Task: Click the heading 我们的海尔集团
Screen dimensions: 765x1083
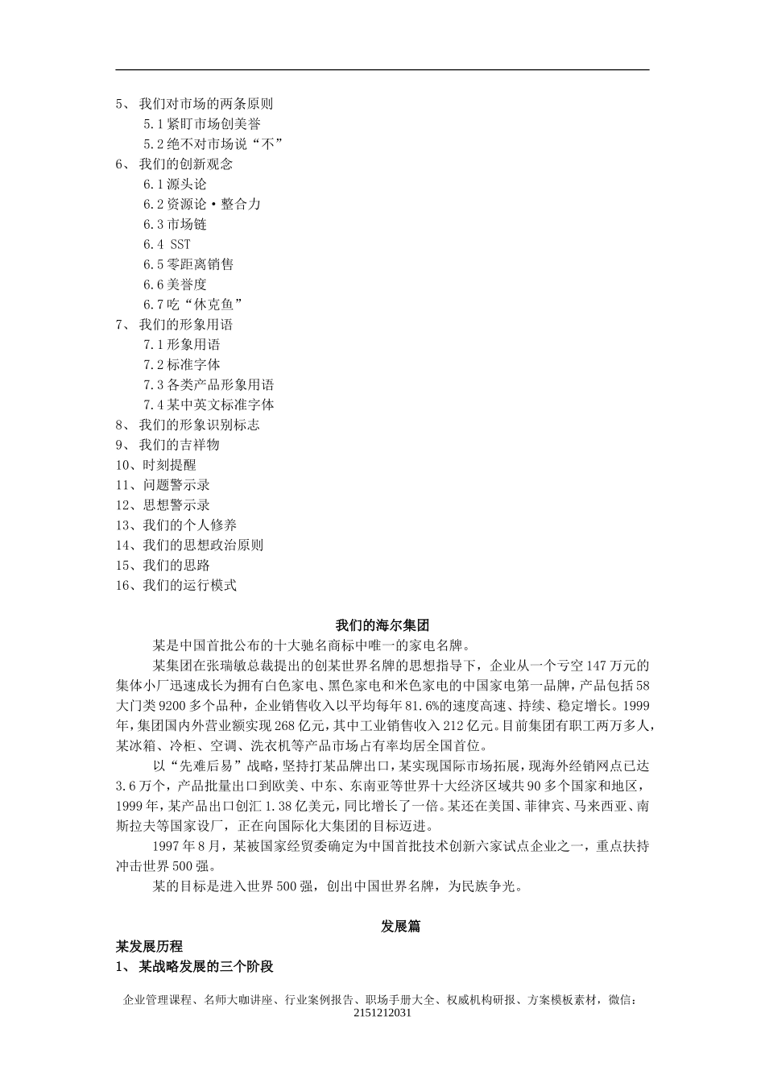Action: click(382, 625)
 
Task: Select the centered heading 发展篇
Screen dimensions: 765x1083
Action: click(400, 927)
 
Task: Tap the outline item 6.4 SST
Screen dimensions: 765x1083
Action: click(167, 244)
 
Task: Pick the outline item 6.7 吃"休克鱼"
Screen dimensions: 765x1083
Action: click(193, 305)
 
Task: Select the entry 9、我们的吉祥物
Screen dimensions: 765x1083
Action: click(167, 445)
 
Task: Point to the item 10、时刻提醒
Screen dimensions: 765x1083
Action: click(155, 465)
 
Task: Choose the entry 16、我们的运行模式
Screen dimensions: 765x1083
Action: click(176, 586)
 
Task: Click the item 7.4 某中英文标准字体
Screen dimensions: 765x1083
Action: click(209, 405)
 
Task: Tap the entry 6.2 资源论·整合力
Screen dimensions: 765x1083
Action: click(202, 204)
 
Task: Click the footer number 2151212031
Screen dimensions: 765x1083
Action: click(382, 1013)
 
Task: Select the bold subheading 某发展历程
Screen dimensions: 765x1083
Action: click(149, 946)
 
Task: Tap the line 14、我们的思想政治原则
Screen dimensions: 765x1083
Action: click(189, 546)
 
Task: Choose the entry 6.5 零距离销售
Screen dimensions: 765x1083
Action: click(188, 264)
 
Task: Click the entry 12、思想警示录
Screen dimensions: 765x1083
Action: click(163, 505)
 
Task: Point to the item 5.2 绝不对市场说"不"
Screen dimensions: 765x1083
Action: click(213, 144)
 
